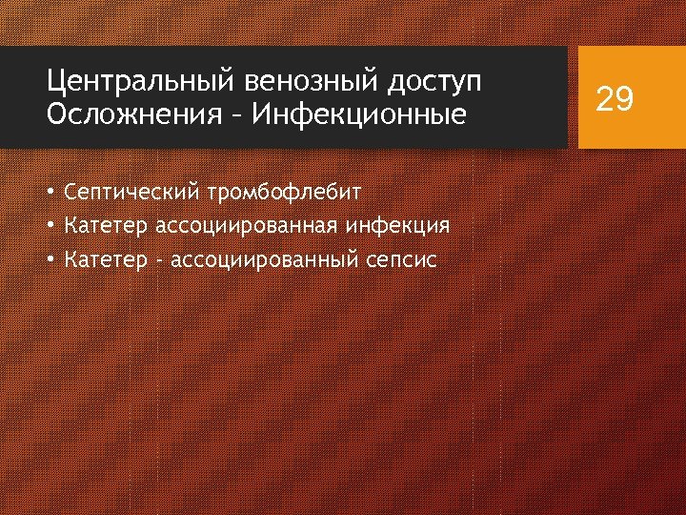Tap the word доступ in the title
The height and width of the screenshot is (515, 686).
click(433, 83)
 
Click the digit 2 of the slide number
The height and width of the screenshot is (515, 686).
click(604, 98)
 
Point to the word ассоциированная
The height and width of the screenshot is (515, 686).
click(239, 226)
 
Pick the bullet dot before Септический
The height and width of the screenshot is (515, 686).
click(50, 193)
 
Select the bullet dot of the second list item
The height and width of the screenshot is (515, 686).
click(50, 226)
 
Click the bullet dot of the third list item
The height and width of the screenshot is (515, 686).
click(50, 259)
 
